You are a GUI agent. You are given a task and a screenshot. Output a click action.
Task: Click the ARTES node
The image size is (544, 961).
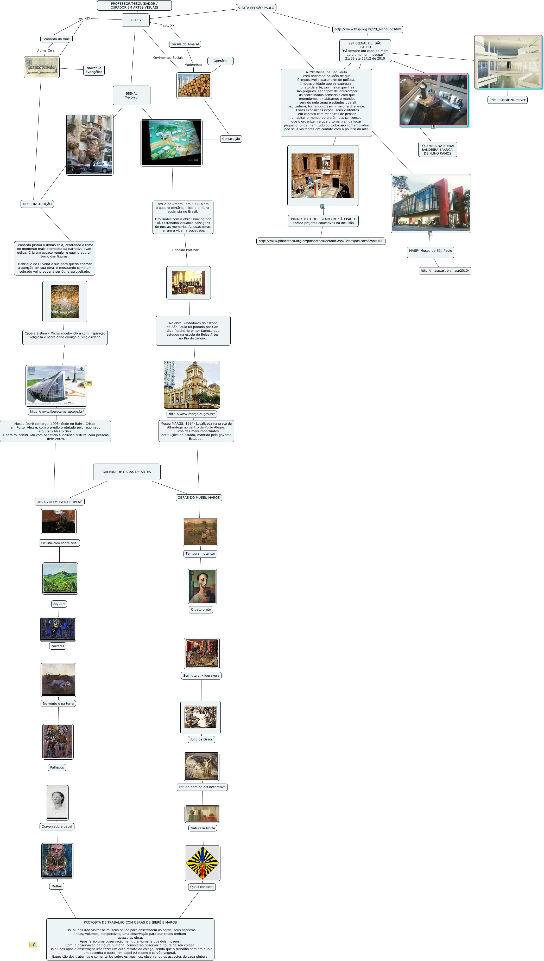click(136, 20)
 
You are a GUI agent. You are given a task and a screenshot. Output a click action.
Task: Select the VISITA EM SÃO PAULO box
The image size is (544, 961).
click(256, 8)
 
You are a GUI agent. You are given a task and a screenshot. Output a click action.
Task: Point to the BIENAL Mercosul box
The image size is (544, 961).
click(131, 95)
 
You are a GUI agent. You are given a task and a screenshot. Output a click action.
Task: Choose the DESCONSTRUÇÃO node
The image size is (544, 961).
click(37, 204)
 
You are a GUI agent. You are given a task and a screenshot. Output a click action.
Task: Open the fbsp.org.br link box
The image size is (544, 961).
click(368, 29)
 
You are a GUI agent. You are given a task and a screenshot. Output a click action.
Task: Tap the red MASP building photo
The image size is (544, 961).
click(431, 203)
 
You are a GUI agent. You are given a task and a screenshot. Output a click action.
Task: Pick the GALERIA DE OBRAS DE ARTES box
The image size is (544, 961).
click(127, 472)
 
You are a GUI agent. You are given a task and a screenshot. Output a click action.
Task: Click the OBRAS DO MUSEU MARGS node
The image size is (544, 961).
click(199, 498)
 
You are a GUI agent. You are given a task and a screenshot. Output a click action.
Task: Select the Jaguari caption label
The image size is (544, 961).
click(59, 604)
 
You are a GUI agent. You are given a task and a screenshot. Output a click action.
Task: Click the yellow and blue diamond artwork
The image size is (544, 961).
click(202, 863)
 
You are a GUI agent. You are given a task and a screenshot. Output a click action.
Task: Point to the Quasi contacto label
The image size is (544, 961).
click(202, 887)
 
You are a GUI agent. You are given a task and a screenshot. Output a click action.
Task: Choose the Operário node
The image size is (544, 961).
click(220, 61)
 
